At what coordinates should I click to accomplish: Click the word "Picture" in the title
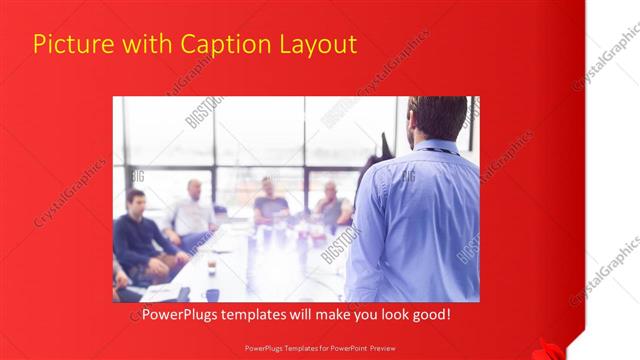68,44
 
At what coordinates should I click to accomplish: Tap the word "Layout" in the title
315,44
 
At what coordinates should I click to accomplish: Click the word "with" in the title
144,44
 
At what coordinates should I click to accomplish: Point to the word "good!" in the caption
431,314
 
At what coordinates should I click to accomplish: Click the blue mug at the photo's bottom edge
212,295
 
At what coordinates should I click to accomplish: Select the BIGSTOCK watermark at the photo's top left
203,112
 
